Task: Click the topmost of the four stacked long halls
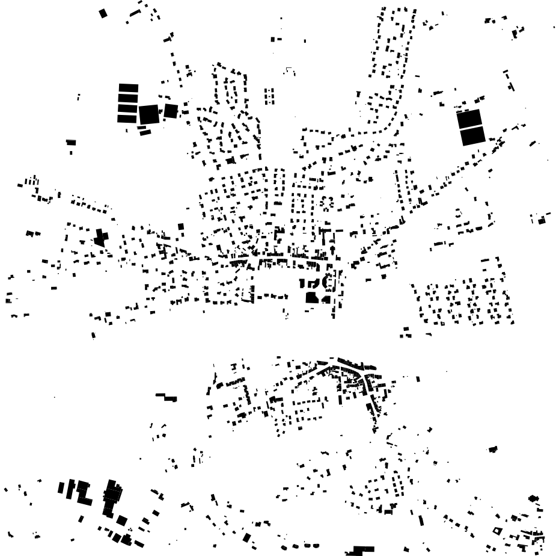[x=128, y=88]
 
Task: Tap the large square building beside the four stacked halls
[x=148, y=114]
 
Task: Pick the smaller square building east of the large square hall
[x=171, y=111]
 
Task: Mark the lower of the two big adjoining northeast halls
[x=472, y=136]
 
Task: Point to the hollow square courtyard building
[x=496, y=531]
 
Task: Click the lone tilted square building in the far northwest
[x=103, y=13]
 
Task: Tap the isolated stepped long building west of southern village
[x=166, y=397]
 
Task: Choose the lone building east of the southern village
[x=493, y=449]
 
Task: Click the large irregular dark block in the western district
[x=100, y=237]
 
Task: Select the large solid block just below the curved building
[x=311, y=297]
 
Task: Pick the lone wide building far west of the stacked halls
[x=71, y=143]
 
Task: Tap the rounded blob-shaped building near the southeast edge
[x=533, y=498]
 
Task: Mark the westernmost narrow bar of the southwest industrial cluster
[x=61, y=487]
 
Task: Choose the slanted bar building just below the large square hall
[x=145, y=132]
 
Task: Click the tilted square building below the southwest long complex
[x=122, y=520]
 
